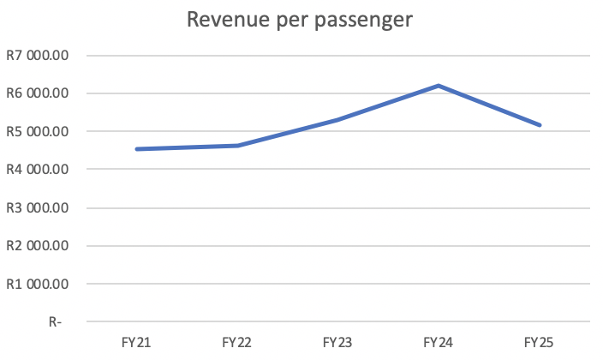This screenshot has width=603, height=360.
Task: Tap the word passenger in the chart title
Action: click(x=359, y=21)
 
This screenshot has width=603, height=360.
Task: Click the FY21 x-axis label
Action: click(x=136, y=342)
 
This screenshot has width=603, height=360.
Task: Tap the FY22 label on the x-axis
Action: click(x=236, y=342)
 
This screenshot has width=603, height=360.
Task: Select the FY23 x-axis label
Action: click(x=337, y=342)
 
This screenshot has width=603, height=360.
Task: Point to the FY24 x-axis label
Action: click(x=439, y=342)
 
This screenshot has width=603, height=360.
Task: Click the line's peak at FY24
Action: click(x=439, y=86)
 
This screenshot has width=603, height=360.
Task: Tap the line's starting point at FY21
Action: click(x=137, y=149)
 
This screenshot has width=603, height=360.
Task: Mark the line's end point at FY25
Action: click(x=540, y=125)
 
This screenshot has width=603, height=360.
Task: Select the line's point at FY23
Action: click(x=337, y=120)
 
